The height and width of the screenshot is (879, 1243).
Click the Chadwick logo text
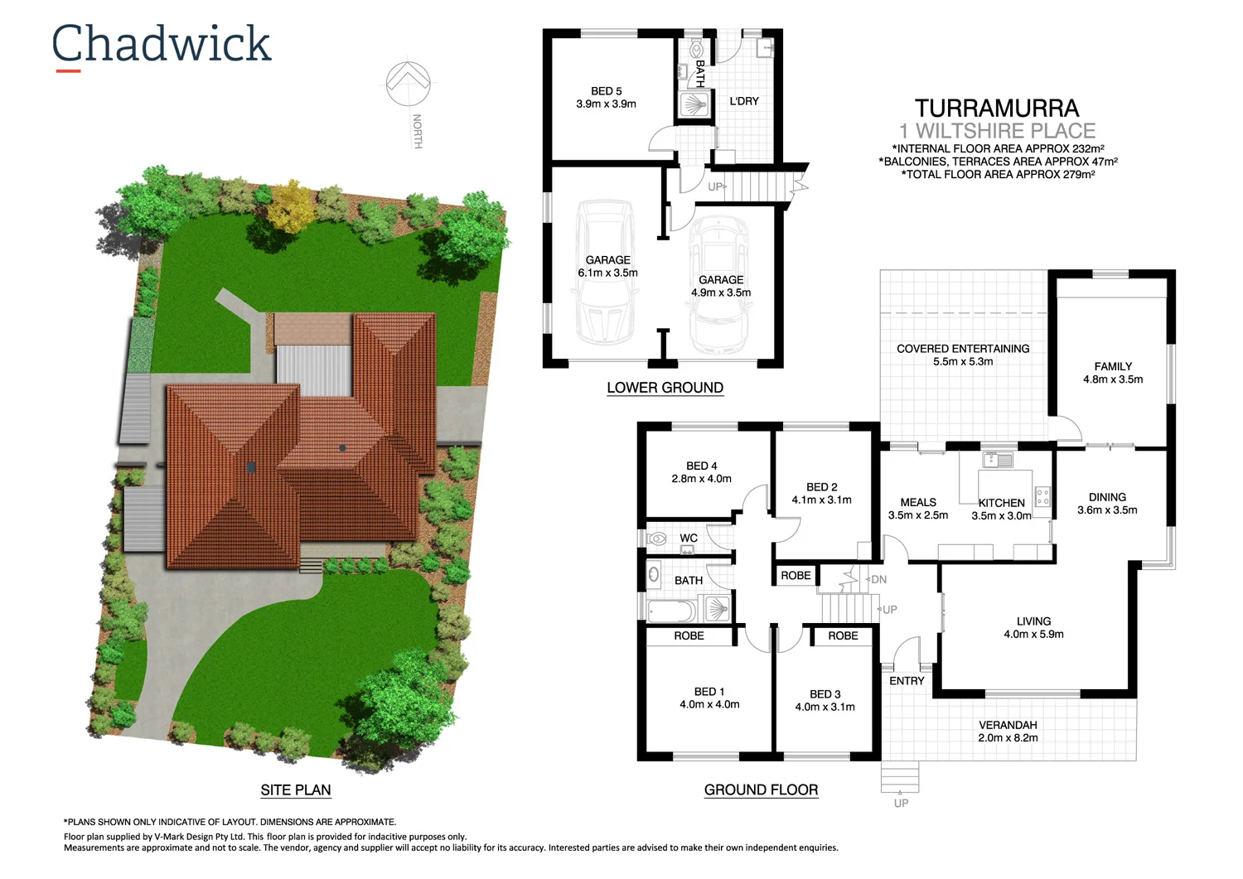162,44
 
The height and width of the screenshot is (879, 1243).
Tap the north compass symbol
408,83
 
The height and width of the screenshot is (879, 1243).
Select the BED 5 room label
607,91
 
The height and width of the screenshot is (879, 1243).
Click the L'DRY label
744,101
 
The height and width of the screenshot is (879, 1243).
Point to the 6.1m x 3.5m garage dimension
608,273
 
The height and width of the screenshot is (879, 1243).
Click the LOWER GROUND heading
665,388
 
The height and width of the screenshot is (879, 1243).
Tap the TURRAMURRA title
997,109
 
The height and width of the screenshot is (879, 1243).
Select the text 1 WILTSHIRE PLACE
998,131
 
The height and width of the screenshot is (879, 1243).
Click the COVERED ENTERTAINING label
963,349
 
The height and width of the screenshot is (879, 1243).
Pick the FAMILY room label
1113,366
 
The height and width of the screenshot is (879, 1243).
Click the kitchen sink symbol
998,460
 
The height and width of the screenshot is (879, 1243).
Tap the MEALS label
918,502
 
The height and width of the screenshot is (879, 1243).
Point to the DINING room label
1107,497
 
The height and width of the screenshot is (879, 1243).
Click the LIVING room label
1033,621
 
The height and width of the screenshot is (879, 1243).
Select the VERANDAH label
1008,725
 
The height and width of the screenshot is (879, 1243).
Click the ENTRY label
907,681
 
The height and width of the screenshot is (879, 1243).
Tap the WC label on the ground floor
689,539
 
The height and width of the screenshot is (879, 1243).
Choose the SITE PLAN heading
296,790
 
